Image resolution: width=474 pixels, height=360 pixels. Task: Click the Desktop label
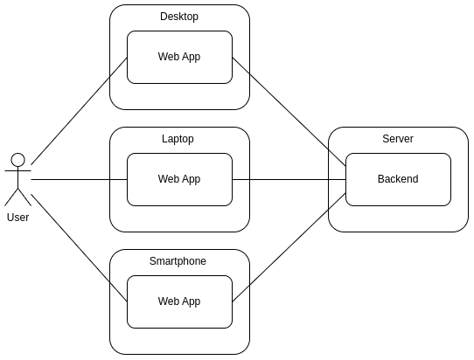[x=179, y=17]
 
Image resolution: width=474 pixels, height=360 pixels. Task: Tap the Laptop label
[x=178, y=139]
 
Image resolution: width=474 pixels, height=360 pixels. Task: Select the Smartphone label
[x=178, y=261]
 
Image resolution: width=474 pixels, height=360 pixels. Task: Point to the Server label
[x=398, y=139]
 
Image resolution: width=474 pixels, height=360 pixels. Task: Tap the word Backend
[x=398, y=179]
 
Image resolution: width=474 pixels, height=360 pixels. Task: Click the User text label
[x=17, y=218]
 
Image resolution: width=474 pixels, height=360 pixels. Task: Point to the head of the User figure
[x=17, y=159]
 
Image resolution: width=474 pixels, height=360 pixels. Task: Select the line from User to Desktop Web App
[x=79, y=111]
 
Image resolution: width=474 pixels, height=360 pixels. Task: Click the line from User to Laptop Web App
[x=79, y=180]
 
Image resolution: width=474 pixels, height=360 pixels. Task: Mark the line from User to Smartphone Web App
[x=79, y=247]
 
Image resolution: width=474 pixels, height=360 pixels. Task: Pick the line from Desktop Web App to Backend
[x=289, y=112]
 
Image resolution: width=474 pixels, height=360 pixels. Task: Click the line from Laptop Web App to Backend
[x=289, y=180]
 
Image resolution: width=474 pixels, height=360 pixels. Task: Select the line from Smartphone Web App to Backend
[x=289, y=247]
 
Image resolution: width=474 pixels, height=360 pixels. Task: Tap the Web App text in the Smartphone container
[x=179, y=301]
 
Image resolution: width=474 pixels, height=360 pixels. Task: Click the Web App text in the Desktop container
[x=179, y=57]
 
